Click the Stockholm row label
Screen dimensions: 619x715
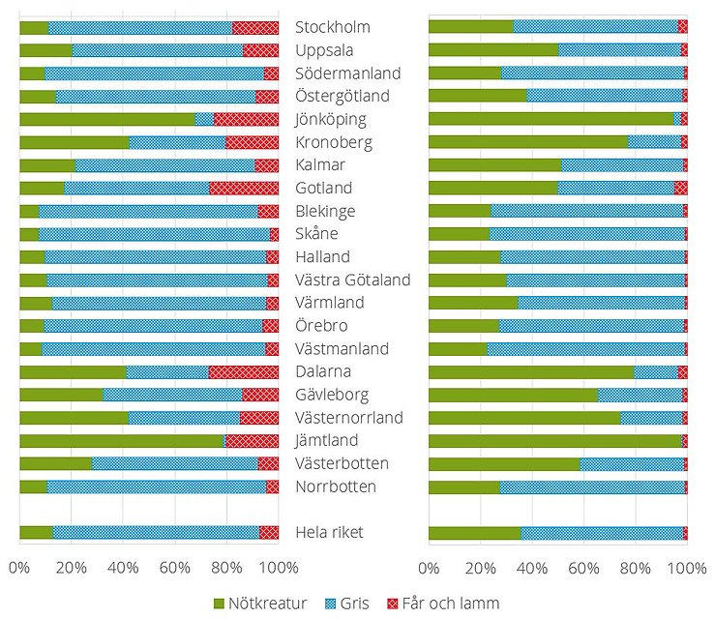coord(332,27)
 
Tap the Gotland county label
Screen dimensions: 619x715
coord(323,188)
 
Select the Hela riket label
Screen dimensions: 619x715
coord(329,533)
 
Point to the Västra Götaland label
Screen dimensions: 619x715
coord(352,280)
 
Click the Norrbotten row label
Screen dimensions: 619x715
coord(335,486)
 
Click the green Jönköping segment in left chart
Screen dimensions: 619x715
coord(106,119)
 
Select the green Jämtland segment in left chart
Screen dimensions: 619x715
coord(121,441)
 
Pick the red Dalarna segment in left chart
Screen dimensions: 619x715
coord(243,371)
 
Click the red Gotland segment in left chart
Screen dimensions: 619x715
coord(244,188)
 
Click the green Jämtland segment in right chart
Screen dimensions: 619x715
coord(554,441)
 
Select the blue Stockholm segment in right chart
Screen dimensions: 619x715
coord(595,27)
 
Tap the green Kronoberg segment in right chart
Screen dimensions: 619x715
coord(527,142)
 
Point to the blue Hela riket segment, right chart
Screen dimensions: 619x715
coord(601,533)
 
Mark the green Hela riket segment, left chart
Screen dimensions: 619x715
coord(36,533)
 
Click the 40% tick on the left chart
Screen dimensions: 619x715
coord(123,567)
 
